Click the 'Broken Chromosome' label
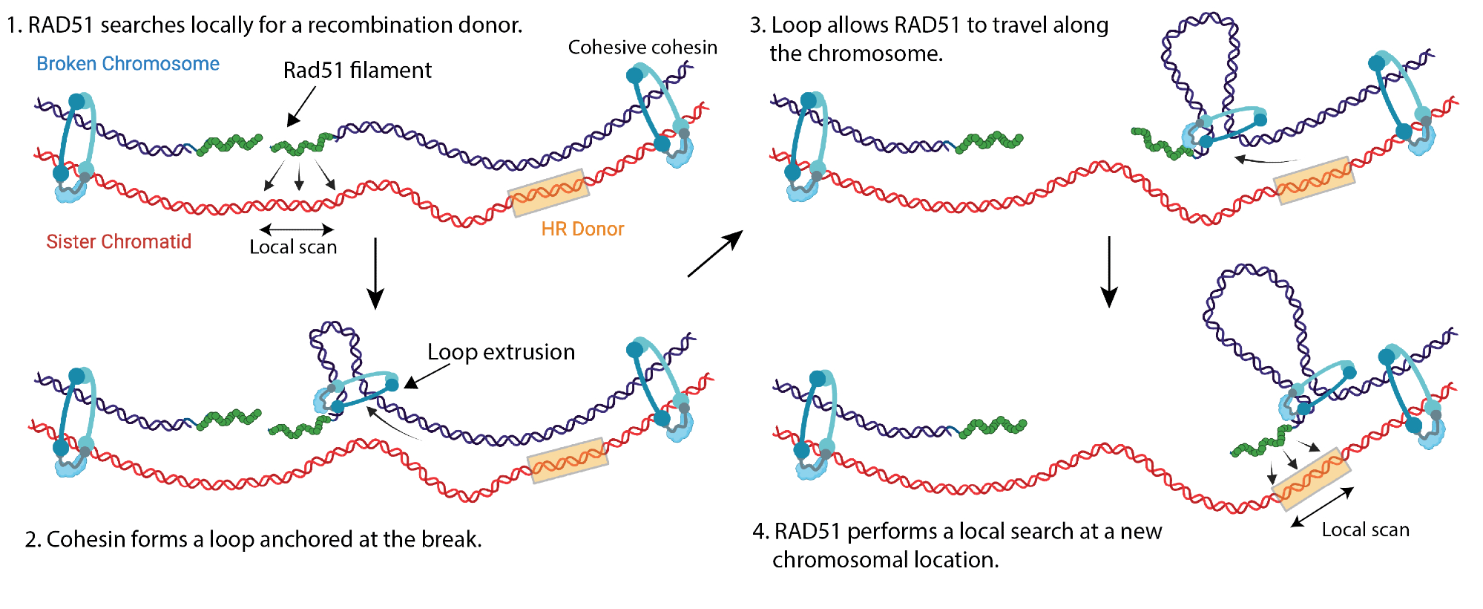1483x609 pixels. (128, 64)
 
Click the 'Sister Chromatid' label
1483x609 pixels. (119, 241)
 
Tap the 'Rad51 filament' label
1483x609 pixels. (357, 71)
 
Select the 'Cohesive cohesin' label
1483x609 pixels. (642, 48)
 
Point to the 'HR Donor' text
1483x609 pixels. (582, 229)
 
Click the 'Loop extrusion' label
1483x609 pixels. (501, 352)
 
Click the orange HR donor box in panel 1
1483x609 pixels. (549, 192)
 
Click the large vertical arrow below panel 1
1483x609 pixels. (375, 273)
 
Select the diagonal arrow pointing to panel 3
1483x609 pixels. (714, 254)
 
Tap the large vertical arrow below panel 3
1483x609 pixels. (1108, 271)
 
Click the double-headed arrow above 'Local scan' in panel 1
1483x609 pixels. (297, 229)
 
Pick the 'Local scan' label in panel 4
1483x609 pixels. (1365, 530)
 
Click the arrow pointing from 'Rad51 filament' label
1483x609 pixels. (301, 106)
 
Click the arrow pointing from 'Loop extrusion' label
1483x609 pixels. (427, 376)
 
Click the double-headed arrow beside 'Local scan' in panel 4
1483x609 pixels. (1322, 507)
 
